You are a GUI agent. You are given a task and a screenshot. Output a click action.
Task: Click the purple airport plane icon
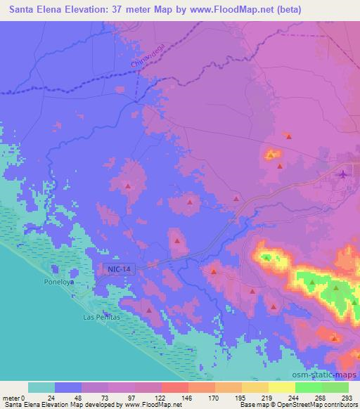343,174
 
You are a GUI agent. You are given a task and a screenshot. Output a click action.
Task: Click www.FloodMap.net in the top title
264,11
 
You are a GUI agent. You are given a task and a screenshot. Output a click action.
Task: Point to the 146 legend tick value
186,398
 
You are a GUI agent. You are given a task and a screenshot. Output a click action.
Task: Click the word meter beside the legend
9,398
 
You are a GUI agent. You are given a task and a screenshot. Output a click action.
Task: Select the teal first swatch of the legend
41,388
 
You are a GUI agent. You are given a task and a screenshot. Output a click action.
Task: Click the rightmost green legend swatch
335,388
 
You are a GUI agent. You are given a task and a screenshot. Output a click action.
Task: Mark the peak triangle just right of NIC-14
177,240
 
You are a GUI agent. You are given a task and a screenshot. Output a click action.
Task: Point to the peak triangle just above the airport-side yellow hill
288,136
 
